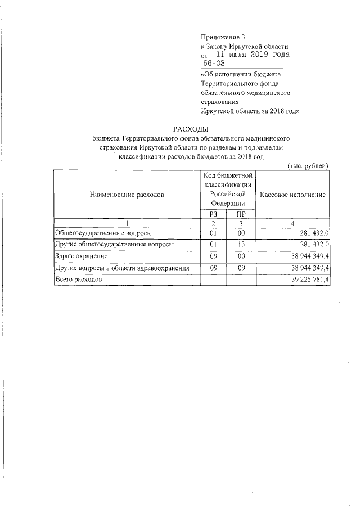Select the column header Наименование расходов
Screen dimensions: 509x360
[127, 195]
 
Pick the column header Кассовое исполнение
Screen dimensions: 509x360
[293, 195]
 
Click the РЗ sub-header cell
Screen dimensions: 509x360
[213, 214]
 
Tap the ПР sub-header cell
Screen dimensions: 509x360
[241, 214]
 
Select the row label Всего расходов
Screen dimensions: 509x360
[78, 279]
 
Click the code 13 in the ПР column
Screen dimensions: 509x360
[241, 245]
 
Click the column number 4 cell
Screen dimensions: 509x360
[293, 223]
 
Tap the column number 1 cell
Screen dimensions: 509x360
[127, 223]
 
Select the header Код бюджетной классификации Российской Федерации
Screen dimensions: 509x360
[227, 190]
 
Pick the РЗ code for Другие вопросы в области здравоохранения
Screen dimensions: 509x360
[213, 268]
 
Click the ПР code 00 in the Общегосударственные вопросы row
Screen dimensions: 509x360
[241, 233]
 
